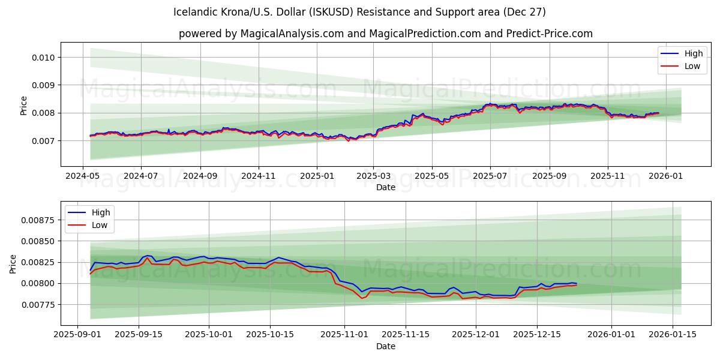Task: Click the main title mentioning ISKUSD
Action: (x=359, y=12)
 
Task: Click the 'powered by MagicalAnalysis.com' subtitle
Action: (x=385, y=34)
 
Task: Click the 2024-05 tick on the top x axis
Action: (x=82, y=176)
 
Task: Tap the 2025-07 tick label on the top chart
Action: (x=490, y=176)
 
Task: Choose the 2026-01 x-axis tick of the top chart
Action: (x=665, y=176)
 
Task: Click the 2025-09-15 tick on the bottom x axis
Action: (x=139, y=335)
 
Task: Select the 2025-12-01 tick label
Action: (x=475, y=335)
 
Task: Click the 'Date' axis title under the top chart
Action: (x=385, y=187)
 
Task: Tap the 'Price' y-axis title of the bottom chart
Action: (x=14, y=263)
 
